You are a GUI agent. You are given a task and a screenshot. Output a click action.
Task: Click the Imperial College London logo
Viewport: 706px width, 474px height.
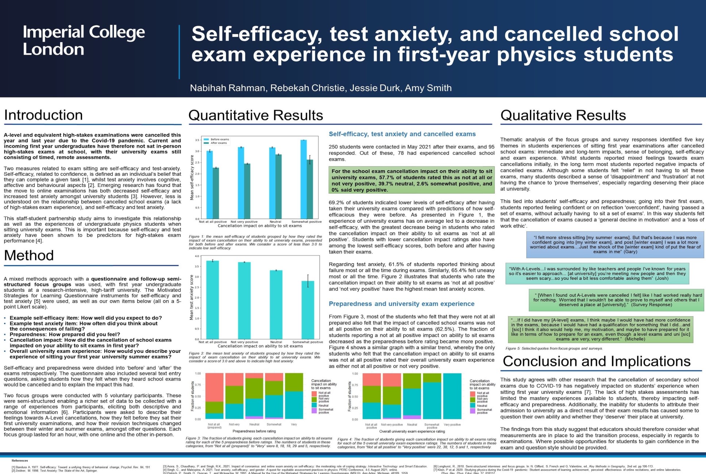84,40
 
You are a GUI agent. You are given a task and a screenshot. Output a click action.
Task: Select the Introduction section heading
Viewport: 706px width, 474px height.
43,115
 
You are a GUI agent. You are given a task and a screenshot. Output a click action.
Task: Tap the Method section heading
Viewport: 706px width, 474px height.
29,255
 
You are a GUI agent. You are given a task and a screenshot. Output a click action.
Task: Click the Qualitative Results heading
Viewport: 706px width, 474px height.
563,115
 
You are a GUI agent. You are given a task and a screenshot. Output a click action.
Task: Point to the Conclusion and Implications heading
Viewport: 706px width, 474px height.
596,361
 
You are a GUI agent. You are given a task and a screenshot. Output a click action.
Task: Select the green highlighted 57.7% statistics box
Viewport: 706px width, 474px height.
411,180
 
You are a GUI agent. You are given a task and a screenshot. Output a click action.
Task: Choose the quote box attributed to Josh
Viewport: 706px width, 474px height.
597,274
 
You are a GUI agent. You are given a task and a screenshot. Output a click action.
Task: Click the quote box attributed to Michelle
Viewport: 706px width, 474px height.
601,329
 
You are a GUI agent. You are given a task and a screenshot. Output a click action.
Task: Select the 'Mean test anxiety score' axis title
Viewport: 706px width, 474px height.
192,298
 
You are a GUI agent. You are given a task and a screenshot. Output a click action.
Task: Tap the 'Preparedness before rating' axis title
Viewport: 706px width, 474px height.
254,431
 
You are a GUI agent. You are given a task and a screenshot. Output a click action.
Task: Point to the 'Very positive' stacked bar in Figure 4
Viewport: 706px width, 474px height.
452,396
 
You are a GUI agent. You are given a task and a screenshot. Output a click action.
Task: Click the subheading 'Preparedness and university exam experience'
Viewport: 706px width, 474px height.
402,304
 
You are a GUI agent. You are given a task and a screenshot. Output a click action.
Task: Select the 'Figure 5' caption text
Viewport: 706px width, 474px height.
554,348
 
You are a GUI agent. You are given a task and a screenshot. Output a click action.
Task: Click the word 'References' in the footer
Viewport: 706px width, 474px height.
20,461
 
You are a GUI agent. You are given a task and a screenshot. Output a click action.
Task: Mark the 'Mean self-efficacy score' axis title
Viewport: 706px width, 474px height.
192,177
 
